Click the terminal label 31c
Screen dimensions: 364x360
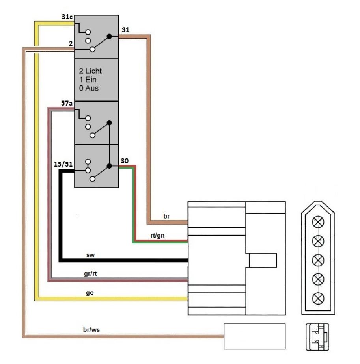(67, 17)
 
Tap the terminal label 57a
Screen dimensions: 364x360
(67, 103)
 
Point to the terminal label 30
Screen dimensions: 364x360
(125, 161)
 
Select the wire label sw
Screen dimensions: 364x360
(90, 255)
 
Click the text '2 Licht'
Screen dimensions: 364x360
(90, 71)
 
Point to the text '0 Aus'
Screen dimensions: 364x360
(89, 88)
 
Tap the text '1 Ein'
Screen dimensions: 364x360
(88, 80)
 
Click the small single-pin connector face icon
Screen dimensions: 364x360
(317, 336)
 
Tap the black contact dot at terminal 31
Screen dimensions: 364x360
(109, 37)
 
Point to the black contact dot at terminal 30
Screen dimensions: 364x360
(109, 166)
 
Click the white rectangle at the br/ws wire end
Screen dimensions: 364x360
(254, 336)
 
